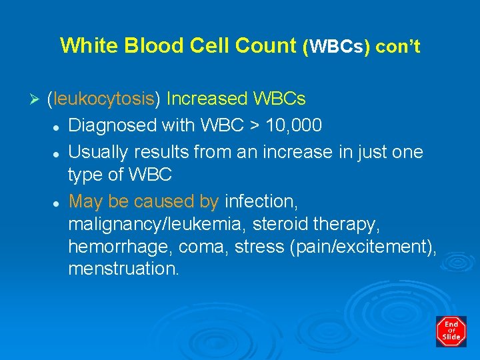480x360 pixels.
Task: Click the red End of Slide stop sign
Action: tap(451, 331)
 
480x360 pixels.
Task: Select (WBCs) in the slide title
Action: tap(337, 47)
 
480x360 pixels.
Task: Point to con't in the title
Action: tap(398, 47)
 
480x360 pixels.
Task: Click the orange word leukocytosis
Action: tap(104, 99)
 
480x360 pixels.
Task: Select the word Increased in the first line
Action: tap(207, 99)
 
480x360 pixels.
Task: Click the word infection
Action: tap(262, 201)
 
